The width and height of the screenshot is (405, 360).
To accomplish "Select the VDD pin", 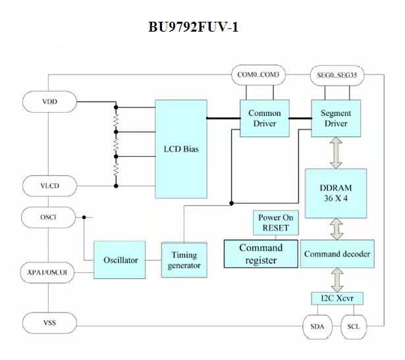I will [49, 102].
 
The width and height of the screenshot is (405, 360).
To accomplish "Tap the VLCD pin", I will [49, 186].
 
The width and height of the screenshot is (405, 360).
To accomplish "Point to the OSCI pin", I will [49, 216].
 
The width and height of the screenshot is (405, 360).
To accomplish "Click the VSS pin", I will [49, 323].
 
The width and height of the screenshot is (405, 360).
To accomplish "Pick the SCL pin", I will [353, 326].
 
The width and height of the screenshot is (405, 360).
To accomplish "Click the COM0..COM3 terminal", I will [258, 75].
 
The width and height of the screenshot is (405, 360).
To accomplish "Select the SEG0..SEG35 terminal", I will [336, 75].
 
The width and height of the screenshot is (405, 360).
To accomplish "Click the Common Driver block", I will [264, 119].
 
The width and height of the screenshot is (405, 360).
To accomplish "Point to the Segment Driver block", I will [336, 119].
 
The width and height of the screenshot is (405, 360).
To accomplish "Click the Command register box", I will [260, 254].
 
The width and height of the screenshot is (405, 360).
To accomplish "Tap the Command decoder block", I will [336, 254].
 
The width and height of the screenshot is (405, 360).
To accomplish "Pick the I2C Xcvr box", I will [337, 299].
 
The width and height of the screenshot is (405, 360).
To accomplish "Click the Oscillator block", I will [121, 260].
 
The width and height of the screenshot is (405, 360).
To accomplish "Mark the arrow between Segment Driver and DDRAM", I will [336, 152].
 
